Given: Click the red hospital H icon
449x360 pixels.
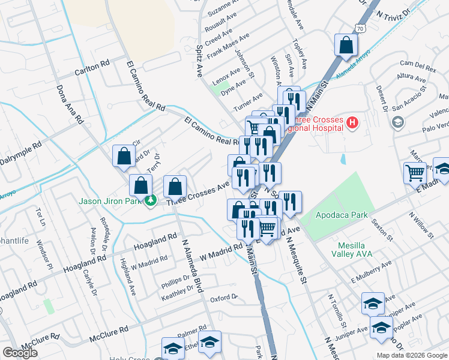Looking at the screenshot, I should point(352,124).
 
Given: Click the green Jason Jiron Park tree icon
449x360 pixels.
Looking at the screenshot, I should point(151,200).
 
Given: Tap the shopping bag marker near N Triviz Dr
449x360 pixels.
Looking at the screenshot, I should point(346,44).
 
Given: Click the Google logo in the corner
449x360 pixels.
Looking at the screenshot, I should point(20,353).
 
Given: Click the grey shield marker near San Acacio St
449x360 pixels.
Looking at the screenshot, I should point(397,122).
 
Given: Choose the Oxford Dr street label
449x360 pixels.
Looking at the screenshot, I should point(224,298).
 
